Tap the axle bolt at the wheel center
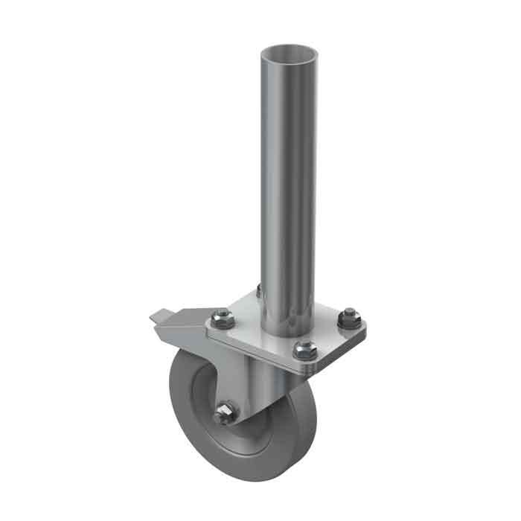[224, 415]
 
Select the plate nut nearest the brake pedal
[221, 319]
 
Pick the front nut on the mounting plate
[303, 348]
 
